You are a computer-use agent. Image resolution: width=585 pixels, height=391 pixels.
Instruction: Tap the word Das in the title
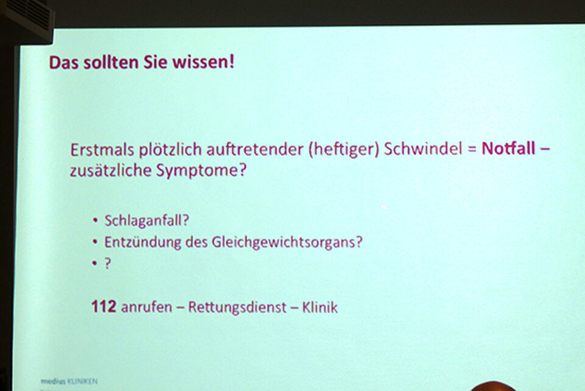(x=64, y=62)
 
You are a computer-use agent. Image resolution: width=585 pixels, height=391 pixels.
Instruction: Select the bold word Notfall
(x=508, y=149)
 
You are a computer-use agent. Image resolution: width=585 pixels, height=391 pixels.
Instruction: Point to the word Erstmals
(x=102, y=150)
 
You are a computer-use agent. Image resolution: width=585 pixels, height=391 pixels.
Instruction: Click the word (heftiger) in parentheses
(x=344, y=149)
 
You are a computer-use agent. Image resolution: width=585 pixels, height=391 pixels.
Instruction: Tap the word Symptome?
(x=202, y=171)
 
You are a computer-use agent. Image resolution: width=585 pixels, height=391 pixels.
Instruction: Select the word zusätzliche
(x=111, y=171)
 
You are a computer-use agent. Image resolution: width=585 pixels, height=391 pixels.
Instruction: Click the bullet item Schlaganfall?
(x=147, y=220)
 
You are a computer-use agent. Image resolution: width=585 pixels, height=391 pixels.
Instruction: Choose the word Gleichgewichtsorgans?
(x=287, y=242)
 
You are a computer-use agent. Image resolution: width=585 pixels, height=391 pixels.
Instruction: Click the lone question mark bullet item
(x=107, y=263)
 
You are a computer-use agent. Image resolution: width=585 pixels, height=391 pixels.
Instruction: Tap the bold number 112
(x=104, y=306)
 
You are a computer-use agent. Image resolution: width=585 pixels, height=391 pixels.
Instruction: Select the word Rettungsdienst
(x=237, y=307)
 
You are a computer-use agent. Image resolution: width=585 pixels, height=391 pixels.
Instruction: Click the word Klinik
(x=320, y=307)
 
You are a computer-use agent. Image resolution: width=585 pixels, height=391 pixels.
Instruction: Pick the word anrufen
(x=147, y=307)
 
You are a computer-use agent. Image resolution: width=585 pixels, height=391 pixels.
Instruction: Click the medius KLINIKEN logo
(x=69, y=381)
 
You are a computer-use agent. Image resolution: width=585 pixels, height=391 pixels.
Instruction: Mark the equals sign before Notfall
(x=472, y=149)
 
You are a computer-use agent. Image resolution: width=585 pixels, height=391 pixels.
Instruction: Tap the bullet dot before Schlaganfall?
(x=95, y=220)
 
